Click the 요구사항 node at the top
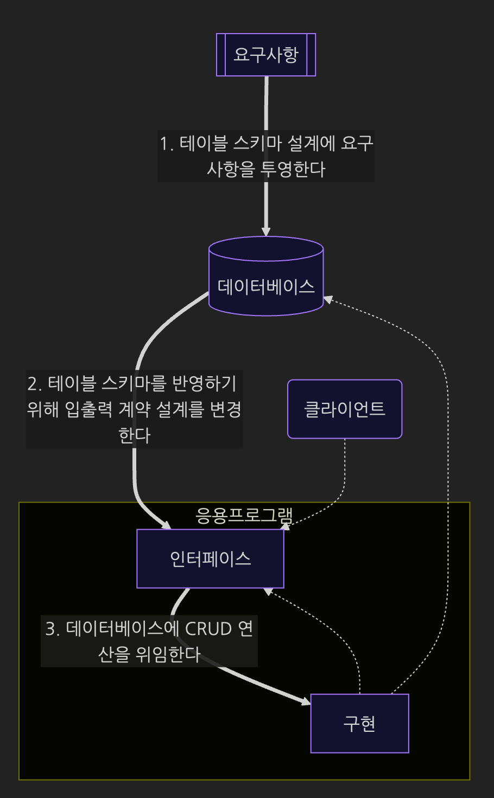pyautogui.click(x=266, y=55)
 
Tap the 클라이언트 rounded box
pyautogui.click(x=345, y=409)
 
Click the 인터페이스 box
pyautogui.click(x=210, y=558)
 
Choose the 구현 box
pyautogui.click(x=359, y=723)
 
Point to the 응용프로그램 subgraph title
pyautogui.click(x=244, y=515)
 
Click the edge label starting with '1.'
pyautogui.click(x=266, y=156)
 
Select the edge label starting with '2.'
pyautogui.click(x=134, y=409)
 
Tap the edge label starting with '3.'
pyautogui.click(x=149, y=641)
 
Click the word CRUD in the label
pyautogui.click(x=208, y=629)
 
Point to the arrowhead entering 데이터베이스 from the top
pyautogui.click(x=266, y=232)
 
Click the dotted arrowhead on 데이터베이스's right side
pyautogui.click(x=328, y=299)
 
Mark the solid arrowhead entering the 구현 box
pyautogui.click(x=306, y=702)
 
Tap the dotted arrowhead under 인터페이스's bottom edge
pyautogui.click(x=267, y=591)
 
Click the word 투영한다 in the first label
pyautogui.click(x=293, y=169)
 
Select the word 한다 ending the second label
pyautogui.click(x=134, y=435)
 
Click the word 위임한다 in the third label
pyautogui.click(x=168, y=654)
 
